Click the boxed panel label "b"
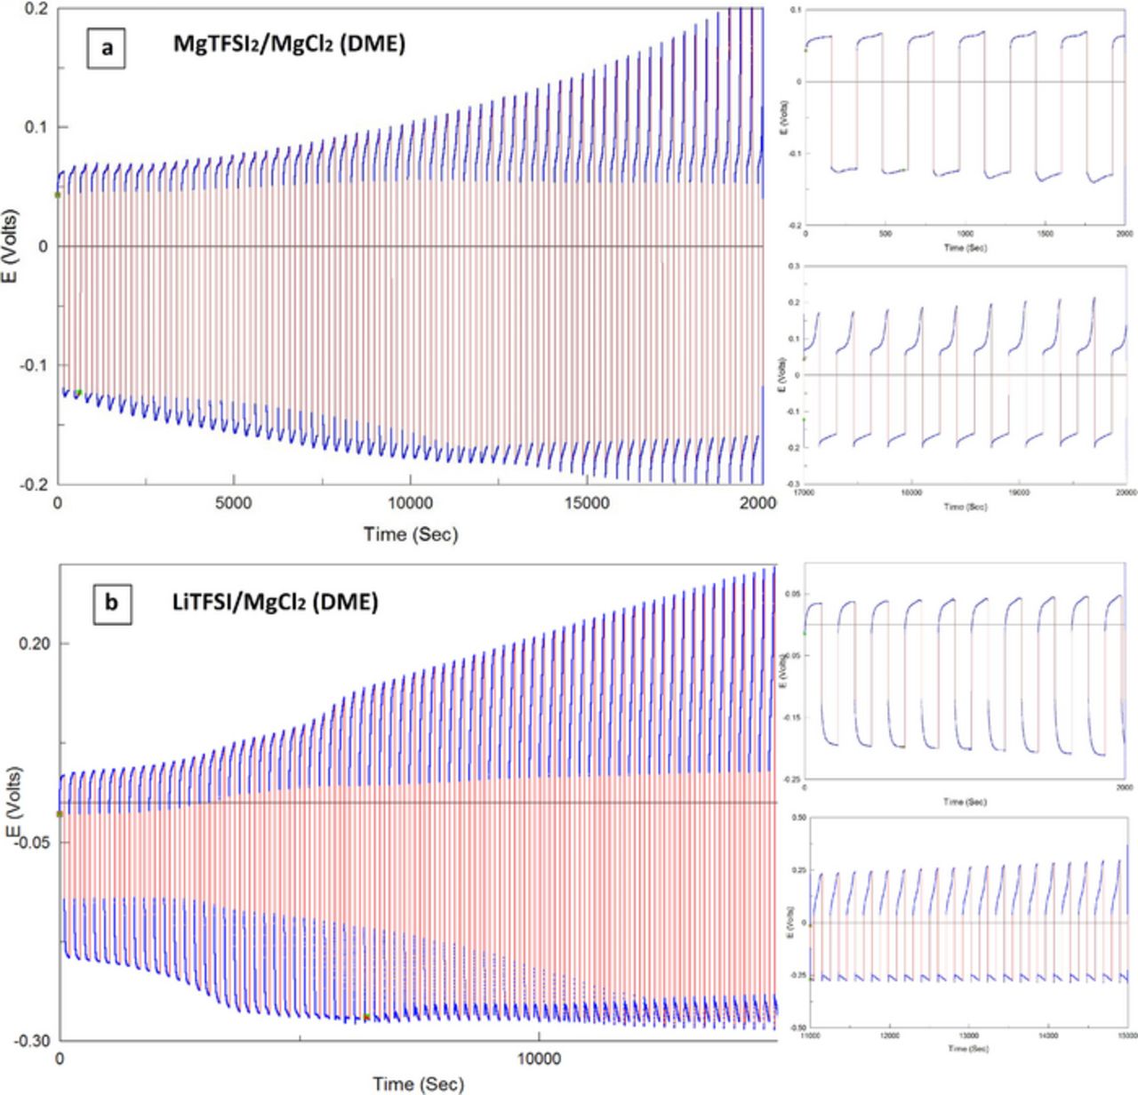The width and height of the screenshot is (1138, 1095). point(111,603)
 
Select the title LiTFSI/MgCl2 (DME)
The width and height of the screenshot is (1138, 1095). point(275,603)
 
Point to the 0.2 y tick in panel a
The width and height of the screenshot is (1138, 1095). point(36,9)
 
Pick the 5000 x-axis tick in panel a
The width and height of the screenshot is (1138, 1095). point(233,504)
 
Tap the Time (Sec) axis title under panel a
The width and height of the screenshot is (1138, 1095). point(410,533)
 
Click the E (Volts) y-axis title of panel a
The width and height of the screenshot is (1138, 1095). point(12,246)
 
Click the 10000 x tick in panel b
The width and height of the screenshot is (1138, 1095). point(539,1059)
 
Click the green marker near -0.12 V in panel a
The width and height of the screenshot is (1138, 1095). point(78,392)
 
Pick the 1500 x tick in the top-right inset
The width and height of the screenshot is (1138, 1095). point(1046,235)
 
